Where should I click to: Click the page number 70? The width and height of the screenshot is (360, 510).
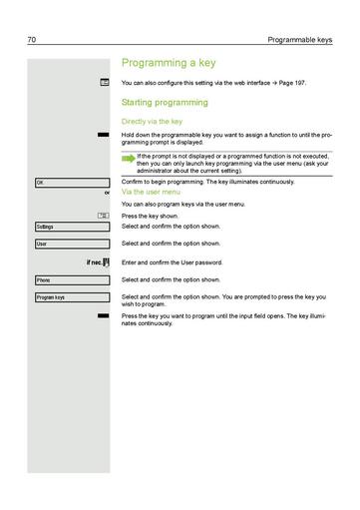[x=32, y=41]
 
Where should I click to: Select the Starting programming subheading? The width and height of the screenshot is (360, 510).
[x=164, y=102]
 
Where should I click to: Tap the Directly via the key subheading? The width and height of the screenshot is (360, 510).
[x=152, y=121]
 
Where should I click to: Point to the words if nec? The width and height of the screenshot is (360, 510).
[x=94, y=262]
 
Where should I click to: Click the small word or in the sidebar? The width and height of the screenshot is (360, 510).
[x=106, y=193]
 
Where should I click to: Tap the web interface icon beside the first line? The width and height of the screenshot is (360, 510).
[x=104, y=84]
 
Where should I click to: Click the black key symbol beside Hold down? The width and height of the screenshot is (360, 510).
[x=103, y=133]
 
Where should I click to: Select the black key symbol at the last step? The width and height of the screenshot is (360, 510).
[x=103, y=315]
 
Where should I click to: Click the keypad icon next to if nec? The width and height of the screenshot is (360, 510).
[x=106, y=262]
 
